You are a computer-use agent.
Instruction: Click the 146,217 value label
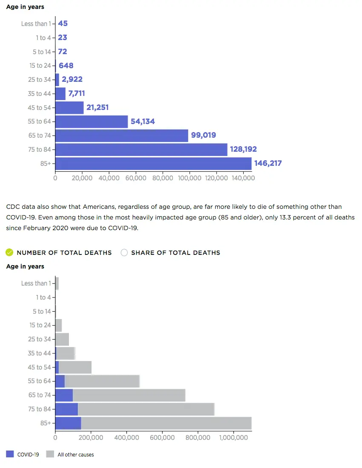tap(268, 163)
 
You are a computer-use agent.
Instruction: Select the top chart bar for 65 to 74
tap(122, 136)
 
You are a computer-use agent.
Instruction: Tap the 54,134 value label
tap(143, 121)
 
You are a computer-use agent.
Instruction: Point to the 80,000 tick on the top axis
tap(162, 178)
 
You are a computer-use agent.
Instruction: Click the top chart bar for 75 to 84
tap(141, 150)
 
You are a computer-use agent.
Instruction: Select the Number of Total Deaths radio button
tap(9, 252)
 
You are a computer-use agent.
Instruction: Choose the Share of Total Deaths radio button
tap(124, 252)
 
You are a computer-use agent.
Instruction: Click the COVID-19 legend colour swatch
tap(10, 454)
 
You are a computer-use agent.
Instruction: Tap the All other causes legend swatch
tap(50, 454)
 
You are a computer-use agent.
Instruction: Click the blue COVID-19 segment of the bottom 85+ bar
tap(68, 423)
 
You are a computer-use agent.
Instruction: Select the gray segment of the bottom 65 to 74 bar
tap(129, 395)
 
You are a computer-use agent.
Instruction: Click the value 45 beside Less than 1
tap(63, 23)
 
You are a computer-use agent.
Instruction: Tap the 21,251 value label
tap(97, 107)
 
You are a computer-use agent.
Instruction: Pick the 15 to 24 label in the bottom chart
tap(40, 325)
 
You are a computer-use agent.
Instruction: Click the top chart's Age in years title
tap(25, 7)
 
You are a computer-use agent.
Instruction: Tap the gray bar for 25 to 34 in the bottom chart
tap(62, 339)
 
